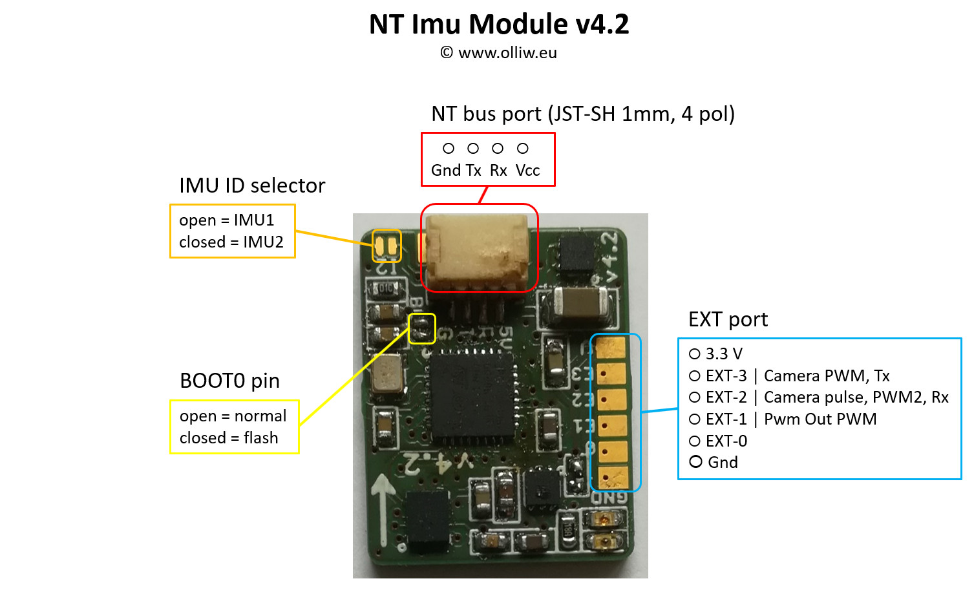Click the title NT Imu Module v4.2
498,25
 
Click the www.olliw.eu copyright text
498,53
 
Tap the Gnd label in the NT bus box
445,171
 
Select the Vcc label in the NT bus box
527,171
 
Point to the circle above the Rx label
498,149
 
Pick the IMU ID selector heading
252,186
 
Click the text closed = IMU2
231,242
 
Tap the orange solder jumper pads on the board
386,246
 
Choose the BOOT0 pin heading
229,381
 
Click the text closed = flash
229,438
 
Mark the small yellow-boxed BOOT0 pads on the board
422,328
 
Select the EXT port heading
728,320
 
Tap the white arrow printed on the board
384,507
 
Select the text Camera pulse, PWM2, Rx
856,397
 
